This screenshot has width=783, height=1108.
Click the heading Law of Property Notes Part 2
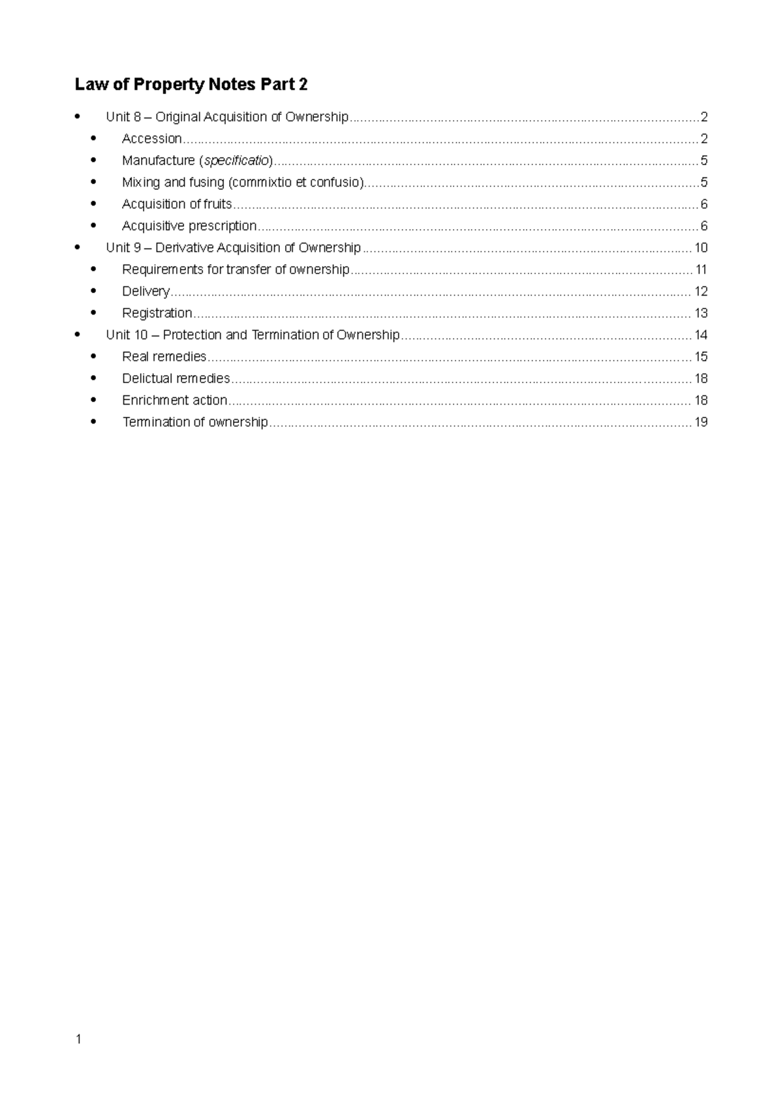(191, 84)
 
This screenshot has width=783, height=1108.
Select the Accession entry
(151, 138)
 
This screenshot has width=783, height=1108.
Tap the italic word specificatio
(236, 161)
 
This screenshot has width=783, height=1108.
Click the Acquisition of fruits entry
(177, 204)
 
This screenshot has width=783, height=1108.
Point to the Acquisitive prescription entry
(189, 226)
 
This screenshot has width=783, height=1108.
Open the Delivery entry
(146, 291)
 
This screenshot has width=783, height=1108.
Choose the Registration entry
(157, 313)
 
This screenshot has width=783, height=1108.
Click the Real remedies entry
(164, 356)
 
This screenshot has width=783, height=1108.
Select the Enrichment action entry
(174, 400)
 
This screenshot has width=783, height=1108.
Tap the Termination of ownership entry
(195, 422)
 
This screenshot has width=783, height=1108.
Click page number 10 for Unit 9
(701, 248)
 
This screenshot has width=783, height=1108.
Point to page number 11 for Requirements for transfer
(701, 269)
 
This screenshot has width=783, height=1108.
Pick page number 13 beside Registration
(701, 313)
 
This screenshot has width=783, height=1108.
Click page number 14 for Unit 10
(701, 335)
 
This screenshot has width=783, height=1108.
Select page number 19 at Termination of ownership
(701, 422)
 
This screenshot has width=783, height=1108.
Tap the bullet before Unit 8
(78, 117)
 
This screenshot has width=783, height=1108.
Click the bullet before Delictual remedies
(94, 378)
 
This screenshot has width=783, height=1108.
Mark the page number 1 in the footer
(78, 1039)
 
